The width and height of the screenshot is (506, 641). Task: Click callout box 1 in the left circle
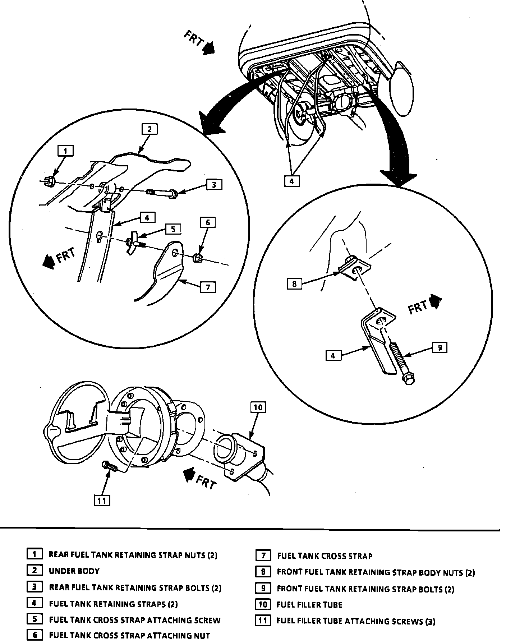pyautogui.click(x=65, y=151)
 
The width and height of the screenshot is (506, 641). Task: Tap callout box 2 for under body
pyautogui.click(x=149, y=129)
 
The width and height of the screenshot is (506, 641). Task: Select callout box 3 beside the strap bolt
pyautogui.click(x=214, y=185)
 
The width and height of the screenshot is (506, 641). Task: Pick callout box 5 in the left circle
pyautogui.click(x=173, y=229)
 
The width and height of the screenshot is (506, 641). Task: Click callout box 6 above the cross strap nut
pyautogui.click(x=208, y=223)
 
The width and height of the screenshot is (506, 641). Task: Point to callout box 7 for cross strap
pyautogui.click(x=208, y=287)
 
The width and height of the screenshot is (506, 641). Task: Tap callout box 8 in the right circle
pyautogui.click(x=294, y=284)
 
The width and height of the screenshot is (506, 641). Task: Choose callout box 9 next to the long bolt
pyautogui.click(x=440, y=347)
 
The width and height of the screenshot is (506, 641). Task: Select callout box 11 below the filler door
pyautogui.click(x=102, y=501)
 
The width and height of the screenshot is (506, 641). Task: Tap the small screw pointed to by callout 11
pyautogui.click(x=109, y=466)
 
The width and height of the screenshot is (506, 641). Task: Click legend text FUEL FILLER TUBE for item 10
pyautogui.click(x=309, y=605)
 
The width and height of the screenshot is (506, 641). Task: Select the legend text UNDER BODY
pyautogui.click(x=74, y=571)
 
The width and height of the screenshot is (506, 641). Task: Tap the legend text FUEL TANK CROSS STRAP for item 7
pyautogui.click(x=325, y=556)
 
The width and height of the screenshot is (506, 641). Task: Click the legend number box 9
pyautogui.click(x=263, y=588)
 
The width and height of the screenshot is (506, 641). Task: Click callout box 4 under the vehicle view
pyautogui.click(x=291, y=181)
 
